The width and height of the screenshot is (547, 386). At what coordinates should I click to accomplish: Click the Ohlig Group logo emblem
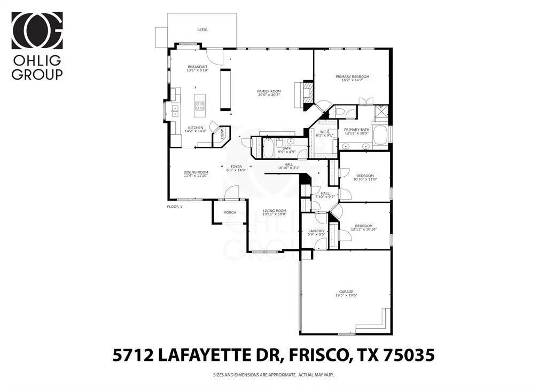[37, 30]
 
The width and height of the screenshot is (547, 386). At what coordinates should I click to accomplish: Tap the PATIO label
[202, 30]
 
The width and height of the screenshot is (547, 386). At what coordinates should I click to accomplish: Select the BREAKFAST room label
[197, 67]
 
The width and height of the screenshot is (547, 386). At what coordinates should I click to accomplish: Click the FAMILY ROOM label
[269, 91]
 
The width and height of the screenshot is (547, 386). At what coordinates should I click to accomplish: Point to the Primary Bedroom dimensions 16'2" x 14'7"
[353, 81]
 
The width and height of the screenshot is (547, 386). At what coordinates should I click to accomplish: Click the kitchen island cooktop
[200, 105]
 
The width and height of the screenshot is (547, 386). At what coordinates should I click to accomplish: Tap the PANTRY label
[219, 134]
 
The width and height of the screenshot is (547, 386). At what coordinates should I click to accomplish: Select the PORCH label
[230, 212]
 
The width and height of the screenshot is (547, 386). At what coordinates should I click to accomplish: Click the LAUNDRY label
[317, 231]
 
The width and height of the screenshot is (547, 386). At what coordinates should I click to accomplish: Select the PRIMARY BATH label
[356, 130]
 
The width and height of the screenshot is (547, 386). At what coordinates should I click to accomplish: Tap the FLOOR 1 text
[175, 206]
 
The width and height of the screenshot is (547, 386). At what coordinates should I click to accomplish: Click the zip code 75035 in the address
[410, 354]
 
